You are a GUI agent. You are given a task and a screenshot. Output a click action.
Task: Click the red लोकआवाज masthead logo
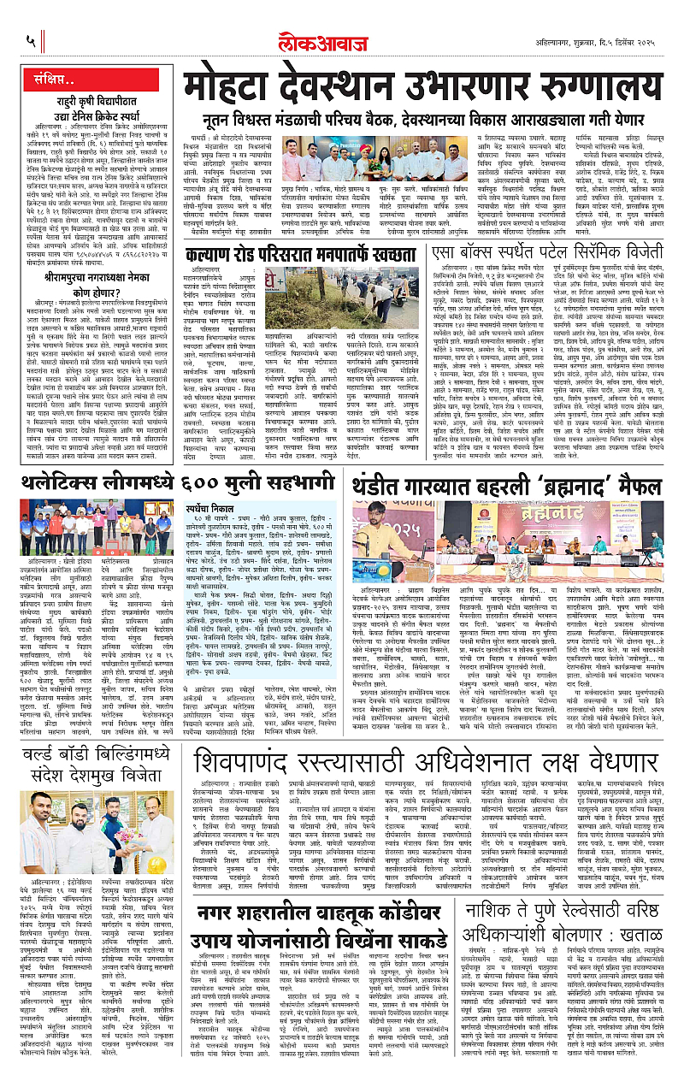342,38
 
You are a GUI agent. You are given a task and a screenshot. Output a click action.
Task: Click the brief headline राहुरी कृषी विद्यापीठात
91,105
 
